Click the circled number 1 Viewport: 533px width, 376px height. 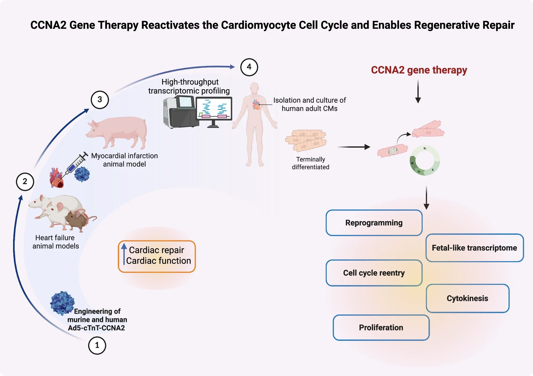point(97,345)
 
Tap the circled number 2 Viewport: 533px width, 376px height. point(25,182)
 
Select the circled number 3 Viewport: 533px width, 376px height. point(100,100)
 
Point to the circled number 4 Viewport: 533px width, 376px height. point(249,67)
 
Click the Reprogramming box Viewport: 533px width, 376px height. point(374,223)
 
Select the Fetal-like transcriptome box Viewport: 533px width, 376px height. point(474,248)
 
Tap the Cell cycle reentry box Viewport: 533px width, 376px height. point(374,273)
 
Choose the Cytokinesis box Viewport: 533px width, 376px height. point(467,298)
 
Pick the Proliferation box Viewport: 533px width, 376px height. point(381,328)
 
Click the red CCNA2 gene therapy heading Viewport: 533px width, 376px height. point(419,70)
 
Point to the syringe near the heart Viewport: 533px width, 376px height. point(76,164)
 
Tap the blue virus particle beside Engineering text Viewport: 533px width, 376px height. point(62,303)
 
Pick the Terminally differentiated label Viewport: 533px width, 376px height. point(310,163)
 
